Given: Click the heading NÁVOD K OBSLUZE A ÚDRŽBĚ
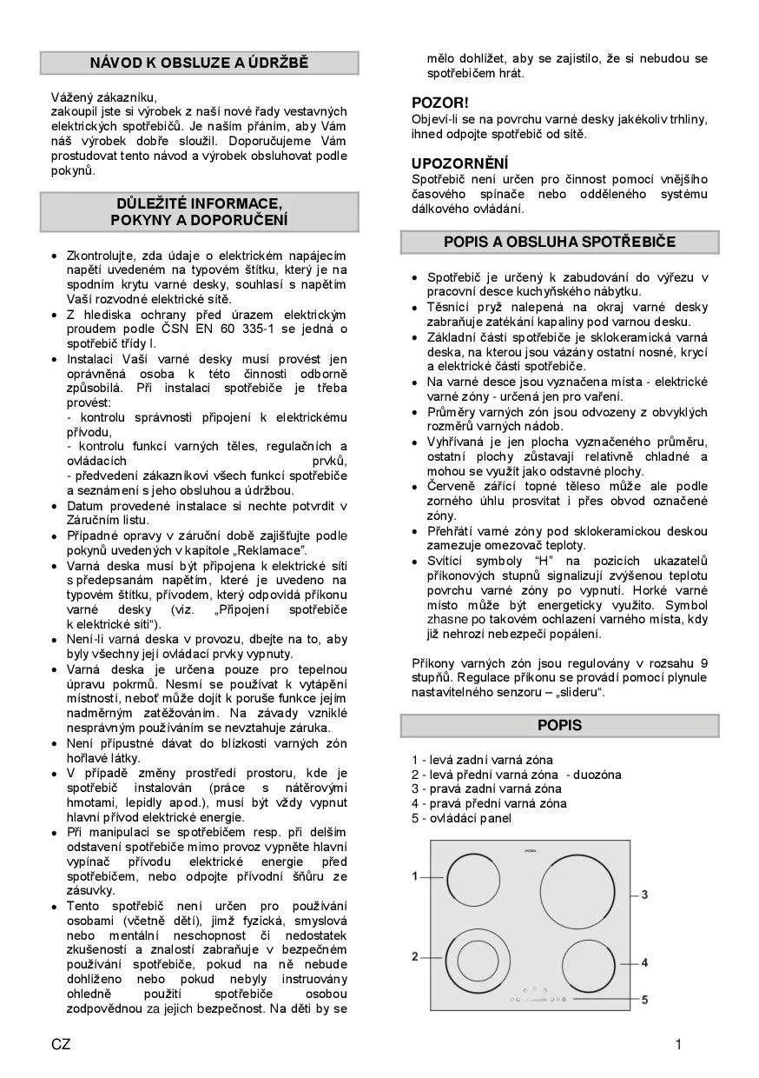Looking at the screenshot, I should click(199, 63).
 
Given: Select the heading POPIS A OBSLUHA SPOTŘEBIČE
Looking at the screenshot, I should click(559, 242).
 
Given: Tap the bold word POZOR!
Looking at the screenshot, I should click(439, 103).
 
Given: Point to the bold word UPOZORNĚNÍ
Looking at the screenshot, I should click(459, 163).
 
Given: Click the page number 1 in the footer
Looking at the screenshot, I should click(678, 1045).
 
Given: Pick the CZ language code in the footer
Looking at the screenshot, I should click(61, 1045).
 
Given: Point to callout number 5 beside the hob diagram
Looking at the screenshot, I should click(645, 1001).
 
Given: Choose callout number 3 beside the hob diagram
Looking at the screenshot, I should click(645, 895).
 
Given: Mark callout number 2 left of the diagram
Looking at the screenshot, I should click(415, 957).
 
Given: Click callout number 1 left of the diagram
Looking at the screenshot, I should click(415, 875).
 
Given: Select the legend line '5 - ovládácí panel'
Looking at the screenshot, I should click(461, 818).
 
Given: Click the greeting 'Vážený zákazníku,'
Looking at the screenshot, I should click(104, 97).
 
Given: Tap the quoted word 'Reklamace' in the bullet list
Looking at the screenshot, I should click(271, 550).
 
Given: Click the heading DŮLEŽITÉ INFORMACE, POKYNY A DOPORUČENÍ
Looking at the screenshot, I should click(199, 212).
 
